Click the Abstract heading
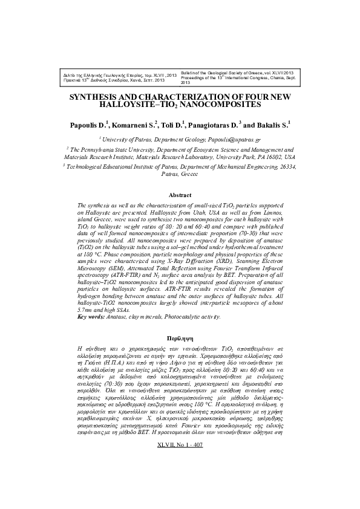click(180, 195)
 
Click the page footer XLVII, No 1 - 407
click(180, 495)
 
